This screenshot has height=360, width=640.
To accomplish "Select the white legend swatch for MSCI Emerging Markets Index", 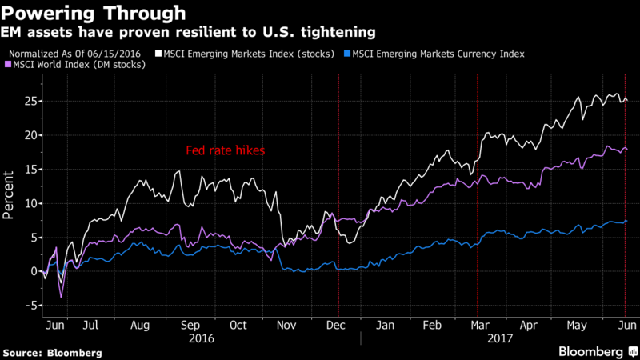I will pos(158,54).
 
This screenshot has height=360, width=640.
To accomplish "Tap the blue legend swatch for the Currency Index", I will pos(346,54).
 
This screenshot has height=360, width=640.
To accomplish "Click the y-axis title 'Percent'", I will pos(8,204).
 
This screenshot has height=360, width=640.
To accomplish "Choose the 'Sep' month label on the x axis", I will pos(190,326).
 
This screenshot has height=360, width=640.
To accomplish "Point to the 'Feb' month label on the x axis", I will pos(432,326).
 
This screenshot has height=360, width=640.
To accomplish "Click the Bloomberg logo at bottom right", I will pos(590,350).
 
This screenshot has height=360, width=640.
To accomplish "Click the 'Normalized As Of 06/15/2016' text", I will pos(77,54).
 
